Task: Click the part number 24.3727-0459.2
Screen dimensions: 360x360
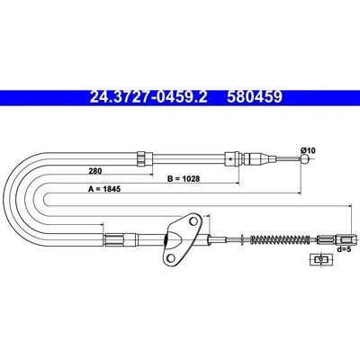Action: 148,97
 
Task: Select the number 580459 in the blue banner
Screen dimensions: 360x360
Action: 255,97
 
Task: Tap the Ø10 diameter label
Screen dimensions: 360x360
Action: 308,150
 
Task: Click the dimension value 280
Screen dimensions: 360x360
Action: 95,171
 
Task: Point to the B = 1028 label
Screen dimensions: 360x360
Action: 184,179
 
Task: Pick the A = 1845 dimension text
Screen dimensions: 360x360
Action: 104,189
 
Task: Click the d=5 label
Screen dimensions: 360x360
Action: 344,248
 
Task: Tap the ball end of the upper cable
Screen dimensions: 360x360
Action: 304,158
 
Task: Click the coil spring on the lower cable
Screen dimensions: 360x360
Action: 281,239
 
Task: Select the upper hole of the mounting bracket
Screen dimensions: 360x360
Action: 194,221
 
